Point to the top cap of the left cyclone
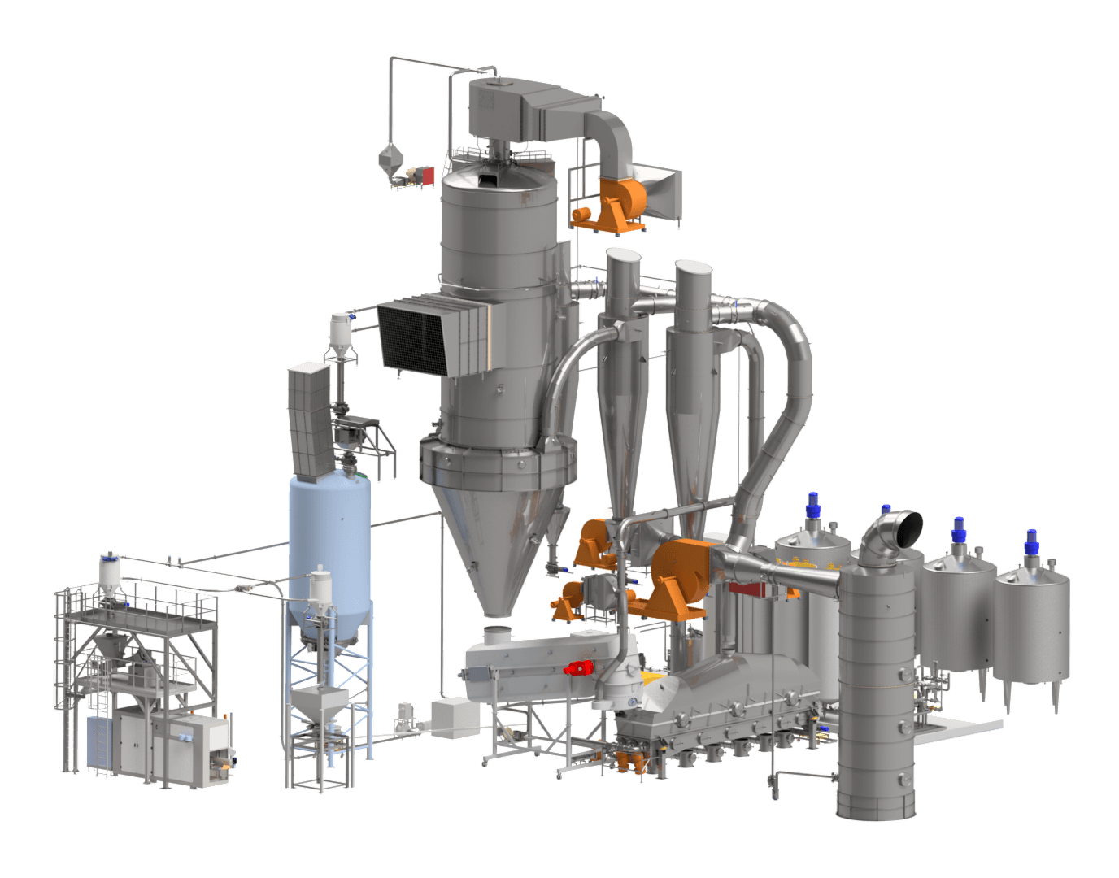[625, 259]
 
